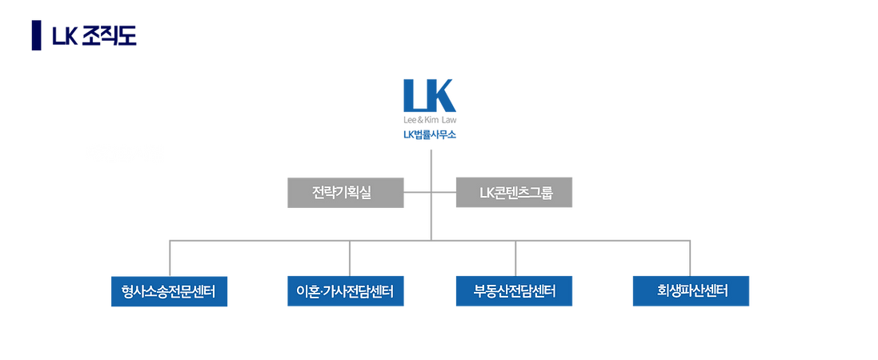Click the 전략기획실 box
[x=345, y=193]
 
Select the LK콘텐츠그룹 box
[x=515, y=193]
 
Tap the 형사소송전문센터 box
[x=170, y=290]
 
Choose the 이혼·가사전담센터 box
[x=346, y=290]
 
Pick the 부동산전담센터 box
[x=515, y=290]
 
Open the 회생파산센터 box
[x=691, y=290]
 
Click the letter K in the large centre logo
[x=443, y=95]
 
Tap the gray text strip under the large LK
[x=430, y=122]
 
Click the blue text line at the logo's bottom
[x=430, y=135]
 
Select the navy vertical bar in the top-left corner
[x=34, y=35]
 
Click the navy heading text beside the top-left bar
[x=94, y=37]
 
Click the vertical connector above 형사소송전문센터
[x=170, y=256]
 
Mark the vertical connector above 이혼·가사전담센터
[x=349, y=256]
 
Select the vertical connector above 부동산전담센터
[x=515, y=256]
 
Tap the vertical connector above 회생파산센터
[x=689, y=256]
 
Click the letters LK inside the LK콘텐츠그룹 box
[x=486, y=193]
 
